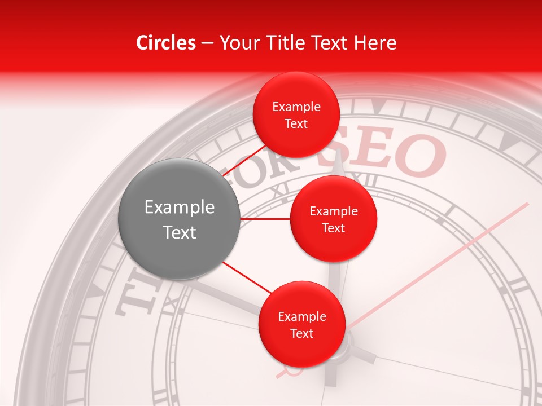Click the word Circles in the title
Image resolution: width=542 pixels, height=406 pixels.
tap(166, 43)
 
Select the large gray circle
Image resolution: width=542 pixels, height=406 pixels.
tap(180, 219)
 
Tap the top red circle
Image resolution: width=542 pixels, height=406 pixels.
tap(296, 115)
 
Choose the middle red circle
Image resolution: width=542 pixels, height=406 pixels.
tap(333, 219)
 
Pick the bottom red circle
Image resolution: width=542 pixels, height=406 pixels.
tap(301, 324)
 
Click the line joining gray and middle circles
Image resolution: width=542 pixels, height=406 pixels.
tap(265, 219)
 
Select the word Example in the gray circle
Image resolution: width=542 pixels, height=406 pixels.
tap(180, 208)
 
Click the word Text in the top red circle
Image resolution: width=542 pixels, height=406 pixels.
tap(296, 124)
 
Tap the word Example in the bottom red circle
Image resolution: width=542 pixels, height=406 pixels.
tap(301, 316)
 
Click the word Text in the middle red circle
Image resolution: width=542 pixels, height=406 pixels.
tap(333, 228)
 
